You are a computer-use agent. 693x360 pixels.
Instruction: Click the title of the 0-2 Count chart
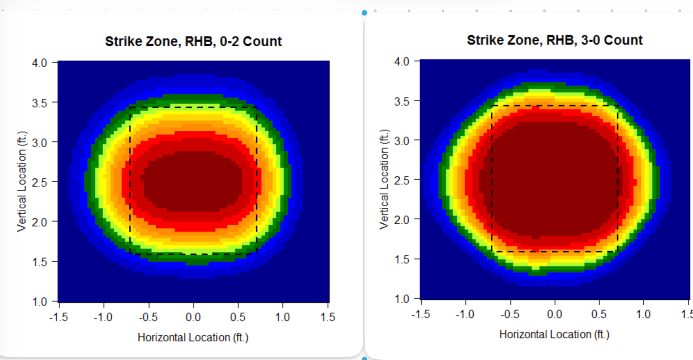pos(193,41)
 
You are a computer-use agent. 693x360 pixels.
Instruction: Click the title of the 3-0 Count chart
pos(555,40)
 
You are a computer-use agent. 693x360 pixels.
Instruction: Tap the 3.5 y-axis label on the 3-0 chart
pos(402,101)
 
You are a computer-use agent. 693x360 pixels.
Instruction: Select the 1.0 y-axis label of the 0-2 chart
pos(40,301)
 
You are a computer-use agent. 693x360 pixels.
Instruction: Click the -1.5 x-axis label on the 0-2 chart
pos(59,317)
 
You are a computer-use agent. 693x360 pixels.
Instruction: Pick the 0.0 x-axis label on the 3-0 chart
pos(555,314)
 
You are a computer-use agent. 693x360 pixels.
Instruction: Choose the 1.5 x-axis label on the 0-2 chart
pos(328,317)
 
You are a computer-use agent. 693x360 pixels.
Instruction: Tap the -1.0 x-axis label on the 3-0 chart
pos(465,314)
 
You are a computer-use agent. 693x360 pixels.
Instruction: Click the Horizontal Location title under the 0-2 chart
pos(193,337)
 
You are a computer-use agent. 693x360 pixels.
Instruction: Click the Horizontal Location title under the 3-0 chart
pos(554,334)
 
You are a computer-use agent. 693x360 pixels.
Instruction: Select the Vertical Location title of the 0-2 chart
pos(22,181)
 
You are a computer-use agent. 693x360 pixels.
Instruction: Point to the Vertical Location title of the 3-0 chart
pos(384,179)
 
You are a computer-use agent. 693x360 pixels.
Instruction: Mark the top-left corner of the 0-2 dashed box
pos(130,107)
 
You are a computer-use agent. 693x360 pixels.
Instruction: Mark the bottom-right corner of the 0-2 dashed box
pos(256,254)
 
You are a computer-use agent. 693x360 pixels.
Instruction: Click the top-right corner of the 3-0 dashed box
pos(618,106)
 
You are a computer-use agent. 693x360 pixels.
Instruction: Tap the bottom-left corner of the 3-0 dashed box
pos(492,252)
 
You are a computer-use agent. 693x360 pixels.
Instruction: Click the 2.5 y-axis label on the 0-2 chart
pos(40,182)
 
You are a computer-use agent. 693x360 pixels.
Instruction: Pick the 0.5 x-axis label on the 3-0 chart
pos(599,314)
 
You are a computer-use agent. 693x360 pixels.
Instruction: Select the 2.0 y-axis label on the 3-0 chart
pos(402,220)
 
